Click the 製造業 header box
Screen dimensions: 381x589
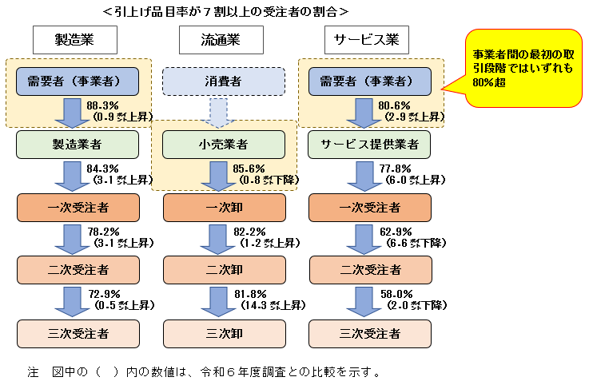(x=75, y=39)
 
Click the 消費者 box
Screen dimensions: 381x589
(x=224, y=81)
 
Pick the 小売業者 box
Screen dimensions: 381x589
(x=224, y=145)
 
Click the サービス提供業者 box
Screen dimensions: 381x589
(x=369, y=145)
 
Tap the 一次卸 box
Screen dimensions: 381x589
(x=224, y=208)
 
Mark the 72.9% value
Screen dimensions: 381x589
(x=106, y=294)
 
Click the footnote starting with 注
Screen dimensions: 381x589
(x=203, y=371)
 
